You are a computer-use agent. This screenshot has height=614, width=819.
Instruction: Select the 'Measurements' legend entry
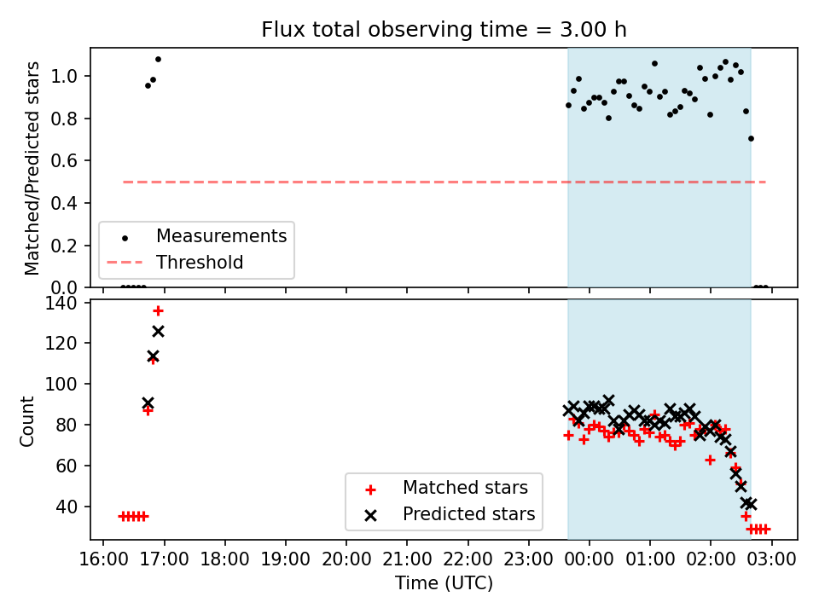point(222,236)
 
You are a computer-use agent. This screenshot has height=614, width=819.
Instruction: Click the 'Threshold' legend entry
point(200,262)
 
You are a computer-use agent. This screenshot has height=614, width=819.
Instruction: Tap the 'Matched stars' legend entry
point(466,488)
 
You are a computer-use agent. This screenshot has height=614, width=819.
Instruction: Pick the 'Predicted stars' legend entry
point(469,513)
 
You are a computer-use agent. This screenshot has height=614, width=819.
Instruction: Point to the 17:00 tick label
point(164,559)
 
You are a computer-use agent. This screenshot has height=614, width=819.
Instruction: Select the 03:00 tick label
point(771,559)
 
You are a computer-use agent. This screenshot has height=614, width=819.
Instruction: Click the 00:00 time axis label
point(590,559)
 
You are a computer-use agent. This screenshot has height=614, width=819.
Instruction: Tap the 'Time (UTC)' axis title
point(444,582)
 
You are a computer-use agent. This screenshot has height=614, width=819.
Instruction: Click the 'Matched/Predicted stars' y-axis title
point(32,168)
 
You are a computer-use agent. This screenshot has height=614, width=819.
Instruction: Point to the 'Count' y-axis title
point(26,420)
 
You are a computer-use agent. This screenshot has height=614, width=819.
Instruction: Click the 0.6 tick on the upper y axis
point(64,161)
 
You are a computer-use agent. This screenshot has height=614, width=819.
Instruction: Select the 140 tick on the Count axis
point(61,303)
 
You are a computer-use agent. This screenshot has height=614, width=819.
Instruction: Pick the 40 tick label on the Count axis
point(67,507)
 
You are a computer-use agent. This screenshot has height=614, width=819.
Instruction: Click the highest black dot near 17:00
point(159,60)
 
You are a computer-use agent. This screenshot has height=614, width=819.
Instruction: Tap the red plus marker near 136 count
point(159,311)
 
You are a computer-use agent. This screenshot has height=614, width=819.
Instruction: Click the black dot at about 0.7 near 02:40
point(751,139)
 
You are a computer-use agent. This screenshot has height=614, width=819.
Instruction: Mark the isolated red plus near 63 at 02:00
point(710,460)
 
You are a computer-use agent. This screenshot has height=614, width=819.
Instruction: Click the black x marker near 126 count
point(159,331)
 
